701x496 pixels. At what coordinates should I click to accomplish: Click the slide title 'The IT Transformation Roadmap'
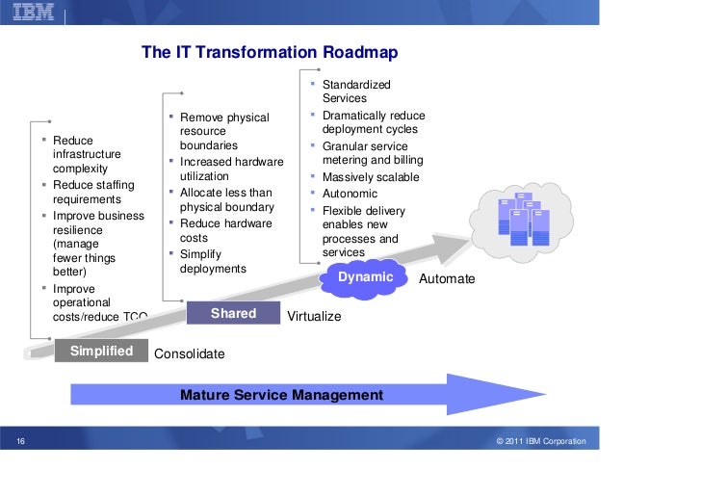[x=270, y=52]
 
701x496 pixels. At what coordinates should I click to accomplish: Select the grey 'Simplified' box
[x=101, y=351]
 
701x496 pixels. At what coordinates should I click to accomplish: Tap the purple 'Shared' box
[x=233, y=313]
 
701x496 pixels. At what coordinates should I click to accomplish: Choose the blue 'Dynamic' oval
[x=366, y=277]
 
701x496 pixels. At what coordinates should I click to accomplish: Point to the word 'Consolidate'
[x=190, y=354]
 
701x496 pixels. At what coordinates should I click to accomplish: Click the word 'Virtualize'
[x=315, y=316]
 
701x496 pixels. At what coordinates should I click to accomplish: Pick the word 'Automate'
[x=448, y=278]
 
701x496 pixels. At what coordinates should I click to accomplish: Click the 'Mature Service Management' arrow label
[x=281, y=395]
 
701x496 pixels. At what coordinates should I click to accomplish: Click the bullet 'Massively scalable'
[x=371, y=177]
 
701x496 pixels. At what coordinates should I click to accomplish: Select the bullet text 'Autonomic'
[x=350, y=194]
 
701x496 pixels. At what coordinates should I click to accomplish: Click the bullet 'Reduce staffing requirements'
[x=93, y=193]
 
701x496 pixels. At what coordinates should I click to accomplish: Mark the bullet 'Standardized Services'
[x=356, y=91]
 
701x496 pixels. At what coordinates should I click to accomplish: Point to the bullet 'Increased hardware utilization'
[x=231, y=169]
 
